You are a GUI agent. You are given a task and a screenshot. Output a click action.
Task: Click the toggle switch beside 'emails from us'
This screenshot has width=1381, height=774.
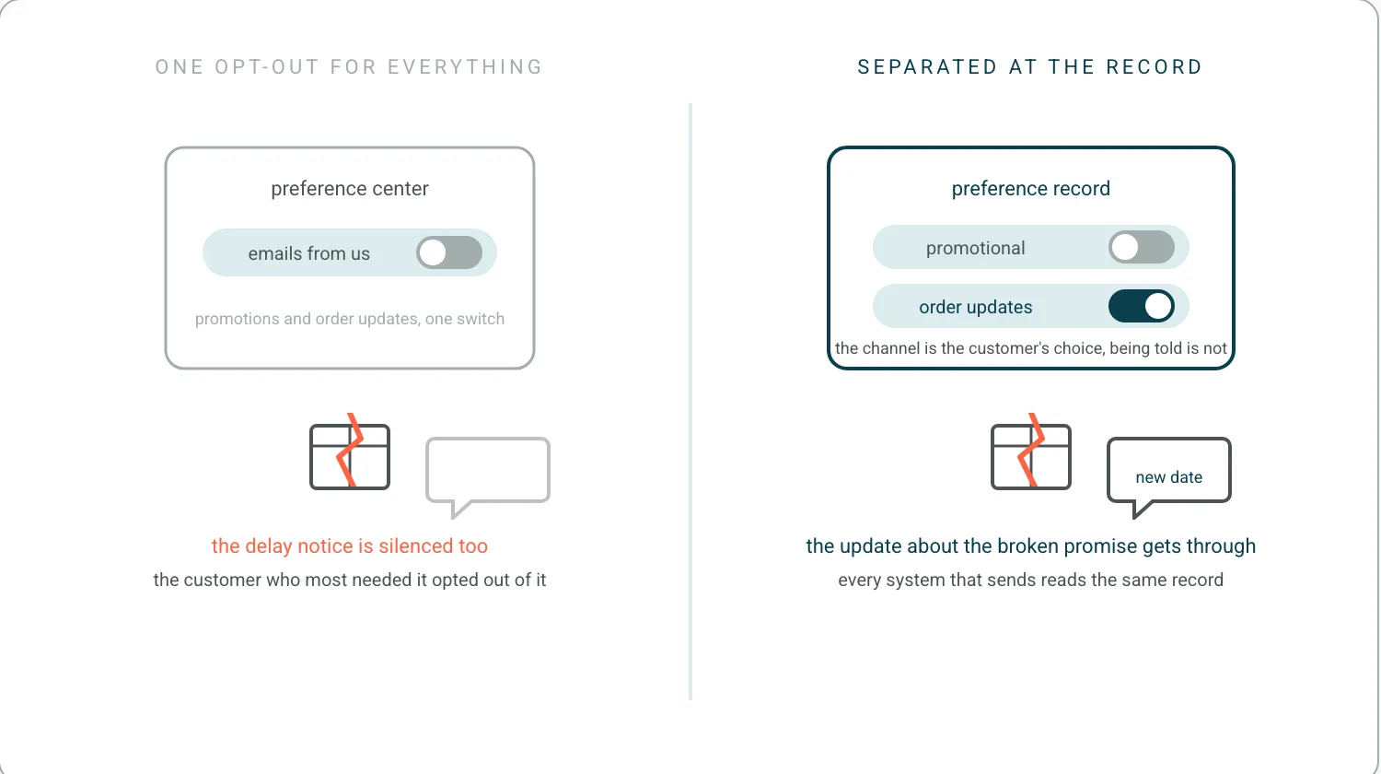pyautogui.click(x=449, y=252)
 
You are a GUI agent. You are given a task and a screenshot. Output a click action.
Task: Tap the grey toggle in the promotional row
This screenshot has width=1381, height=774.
pyautogui.click(x=1142, y=248)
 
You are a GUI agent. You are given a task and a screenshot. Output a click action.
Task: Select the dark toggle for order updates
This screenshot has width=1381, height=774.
pyautogui.click(x=1142, y=306)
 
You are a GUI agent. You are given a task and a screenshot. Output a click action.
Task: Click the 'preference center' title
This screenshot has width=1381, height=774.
pyautogui.click(x=350, y=188)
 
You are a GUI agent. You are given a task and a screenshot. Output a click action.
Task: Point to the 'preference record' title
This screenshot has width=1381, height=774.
pyautogui.click(x=1031, y=188)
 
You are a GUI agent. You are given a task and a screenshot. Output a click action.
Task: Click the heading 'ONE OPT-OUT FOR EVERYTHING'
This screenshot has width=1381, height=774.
pyautogui.click(x=349, y=66)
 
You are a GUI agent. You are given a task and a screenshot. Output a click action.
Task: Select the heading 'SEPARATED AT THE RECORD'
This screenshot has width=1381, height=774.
pyautogui.click(x=1030, y=66)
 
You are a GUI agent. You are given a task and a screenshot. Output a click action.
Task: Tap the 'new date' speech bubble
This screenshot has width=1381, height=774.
pyautogui.click(x=1169, y=475)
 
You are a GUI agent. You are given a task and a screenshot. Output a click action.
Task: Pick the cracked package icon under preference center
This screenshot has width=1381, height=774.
pyautogui.click(x=350, y=452)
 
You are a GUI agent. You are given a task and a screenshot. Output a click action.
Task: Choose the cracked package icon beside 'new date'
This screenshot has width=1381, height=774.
pyautogui.click(x=1031, y=452)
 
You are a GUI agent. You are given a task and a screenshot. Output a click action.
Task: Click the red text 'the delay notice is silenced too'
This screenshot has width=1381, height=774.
pyautogui.click(x=350, y=545)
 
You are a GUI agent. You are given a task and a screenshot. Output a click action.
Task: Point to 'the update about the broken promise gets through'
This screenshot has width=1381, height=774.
pyautogui.click(x=1031, y=546)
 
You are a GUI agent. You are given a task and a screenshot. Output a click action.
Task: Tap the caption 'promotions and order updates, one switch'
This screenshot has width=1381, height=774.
pyautogui.click(x=350, y=319)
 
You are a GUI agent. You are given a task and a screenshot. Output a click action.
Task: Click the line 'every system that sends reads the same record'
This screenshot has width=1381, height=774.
pyautogui.click(x=1031, y=580)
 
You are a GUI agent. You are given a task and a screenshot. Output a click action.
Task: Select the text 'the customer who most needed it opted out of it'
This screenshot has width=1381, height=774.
pyautogui.click(x=350, y=580)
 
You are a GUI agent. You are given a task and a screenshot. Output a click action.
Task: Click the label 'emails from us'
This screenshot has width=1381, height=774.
pyautogui.click(x=308, y=253)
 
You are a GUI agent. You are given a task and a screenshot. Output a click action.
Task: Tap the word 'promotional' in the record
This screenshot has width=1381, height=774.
pyautogui.click(x=975, y=248)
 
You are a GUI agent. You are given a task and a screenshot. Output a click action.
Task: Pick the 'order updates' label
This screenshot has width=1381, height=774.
pyautogui.click(x=975, y=307)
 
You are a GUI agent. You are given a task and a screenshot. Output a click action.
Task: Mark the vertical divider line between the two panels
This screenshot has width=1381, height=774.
pyautogui.click(x=690, y=401)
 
